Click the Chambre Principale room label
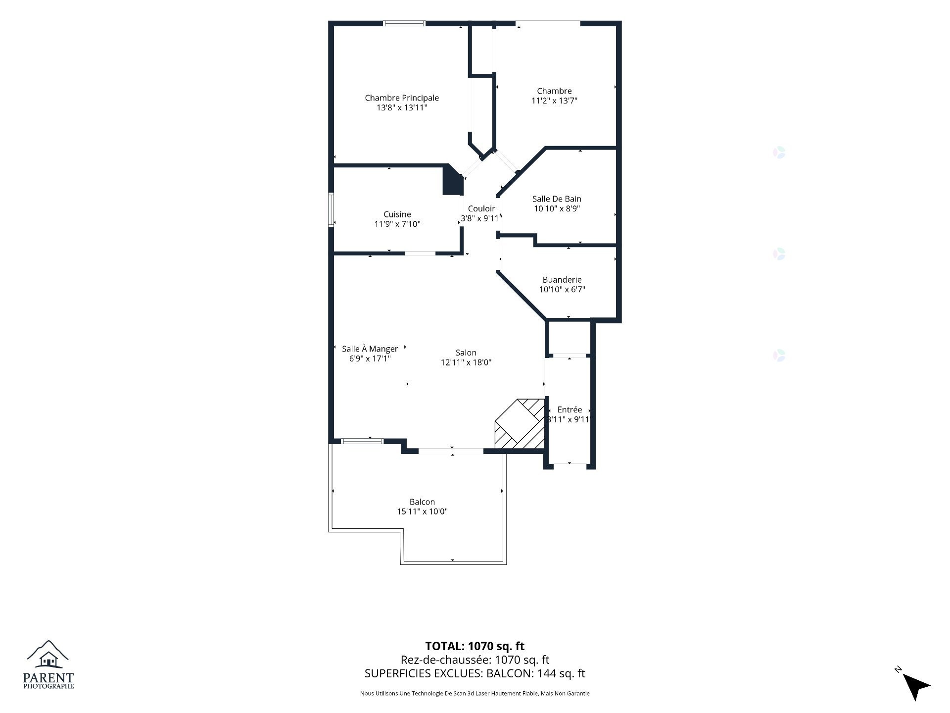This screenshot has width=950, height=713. tap(402, 98)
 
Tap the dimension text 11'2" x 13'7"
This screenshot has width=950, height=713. tap(554, 101)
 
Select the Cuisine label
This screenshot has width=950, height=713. tap(397, 214)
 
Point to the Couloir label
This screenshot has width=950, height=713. tap(481, 208)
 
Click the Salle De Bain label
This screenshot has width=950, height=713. tap(557, 199)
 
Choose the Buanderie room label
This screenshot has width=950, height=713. tap(562, 280)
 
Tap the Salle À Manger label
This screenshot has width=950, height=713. tap(370, 349)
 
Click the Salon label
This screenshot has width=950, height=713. tap(466, 353)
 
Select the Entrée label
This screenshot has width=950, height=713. tap(570, 409)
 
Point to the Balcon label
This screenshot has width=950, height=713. tap(422, 502)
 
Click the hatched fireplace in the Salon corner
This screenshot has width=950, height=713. tap(520, 424)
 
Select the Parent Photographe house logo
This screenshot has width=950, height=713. tap(48, 664)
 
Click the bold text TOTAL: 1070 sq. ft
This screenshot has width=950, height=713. tap(475, 646)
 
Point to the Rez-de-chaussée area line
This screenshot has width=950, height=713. tap(475, 660)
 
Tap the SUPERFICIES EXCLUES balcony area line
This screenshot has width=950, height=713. tap(475, 673)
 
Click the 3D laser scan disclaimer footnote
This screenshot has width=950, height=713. tap(475, 694)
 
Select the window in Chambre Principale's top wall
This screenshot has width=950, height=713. tap(405, 23)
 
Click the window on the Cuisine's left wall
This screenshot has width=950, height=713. tap(331, 210)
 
